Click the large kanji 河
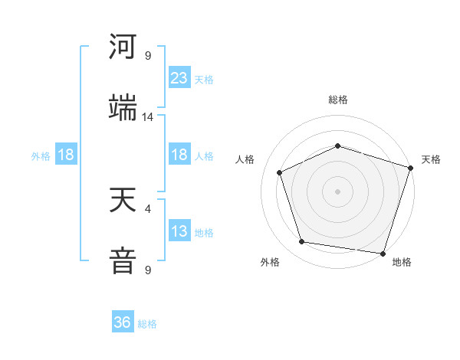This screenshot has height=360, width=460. pos(123,47)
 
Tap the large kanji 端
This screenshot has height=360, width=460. pos(123,109)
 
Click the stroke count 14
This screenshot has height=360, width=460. pos(148,117)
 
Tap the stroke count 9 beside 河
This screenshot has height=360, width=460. pos(148,56)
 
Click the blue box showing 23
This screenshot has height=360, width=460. pos(179,78)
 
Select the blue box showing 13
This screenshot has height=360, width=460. pos(179,231)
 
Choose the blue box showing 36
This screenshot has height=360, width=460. pos(123,322)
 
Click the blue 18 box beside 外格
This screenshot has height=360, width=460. pos(66,155)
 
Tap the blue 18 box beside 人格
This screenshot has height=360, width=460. pos(179,155)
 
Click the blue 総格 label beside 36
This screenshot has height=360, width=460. pos(147,324)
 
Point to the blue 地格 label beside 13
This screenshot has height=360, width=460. pos(204,233)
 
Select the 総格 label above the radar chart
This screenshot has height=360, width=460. pos(337,100)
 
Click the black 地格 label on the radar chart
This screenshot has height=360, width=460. pos(402,263)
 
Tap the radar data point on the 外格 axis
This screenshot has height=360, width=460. pos(302,242)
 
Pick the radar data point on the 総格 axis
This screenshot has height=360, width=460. pos(337,146)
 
